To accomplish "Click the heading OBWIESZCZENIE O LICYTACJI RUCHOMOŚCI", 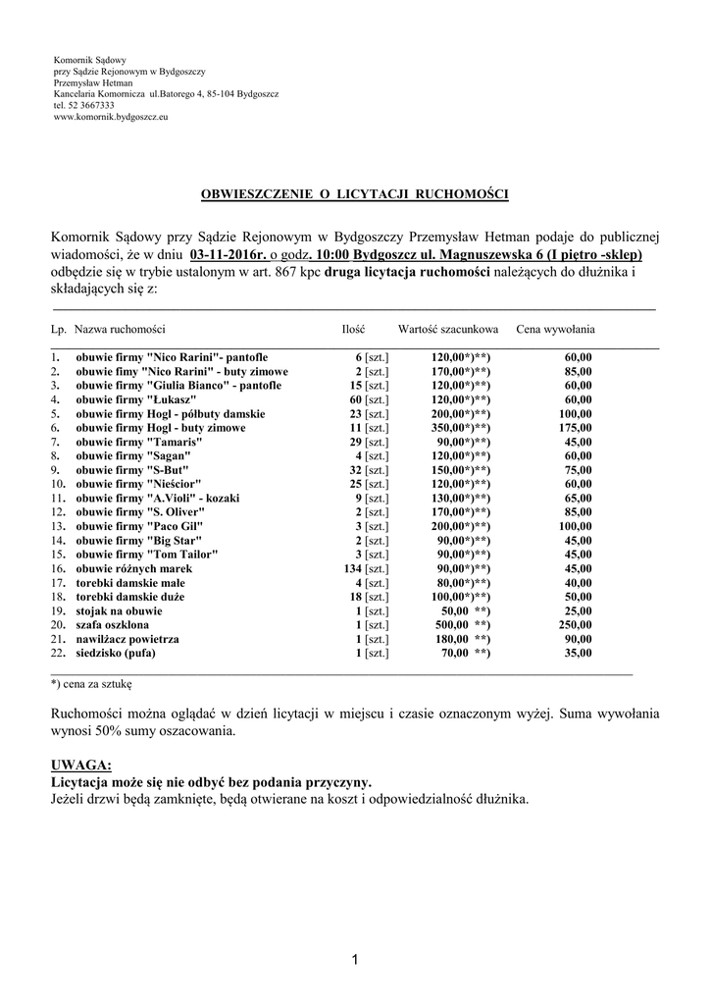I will point(354,194).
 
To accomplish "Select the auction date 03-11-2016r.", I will point(228,253).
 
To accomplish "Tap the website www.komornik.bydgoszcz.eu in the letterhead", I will point(110,117).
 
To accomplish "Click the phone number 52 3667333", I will point(89,105).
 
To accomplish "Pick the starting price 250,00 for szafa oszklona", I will point(575,625).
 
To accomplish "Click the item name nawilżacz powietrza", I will point(131,639).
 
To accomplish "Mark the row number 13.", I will point(57,526).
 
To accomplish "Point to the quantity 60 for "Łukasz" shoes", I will point(355,400).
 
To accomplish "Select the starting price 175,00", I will point(575,428).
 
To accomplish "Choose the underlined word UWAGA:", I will point(80,765).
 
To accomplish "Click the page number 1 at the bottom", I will point(355,960).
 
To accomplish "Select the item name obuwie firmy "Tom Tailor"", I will point(147,555).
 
